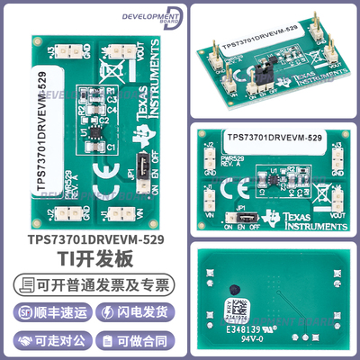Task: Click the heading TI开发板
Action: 90,261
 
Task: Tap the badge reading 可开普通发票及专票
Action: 90,286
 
